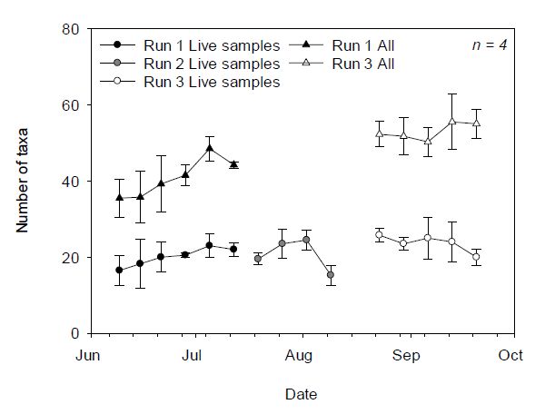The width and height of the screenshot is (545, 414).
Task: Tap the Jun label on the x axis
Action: pyautogui.click(x=87, y=356)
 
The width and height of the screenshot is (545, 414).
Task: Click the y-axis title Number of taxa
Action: pyautogui.click(x=24, y=182)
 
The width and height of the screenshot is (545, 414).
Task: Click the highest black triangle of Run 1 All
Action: pyautogui.click(x=210, y=148)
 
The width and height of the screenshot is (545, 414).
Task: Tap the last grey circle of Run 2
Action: pyautogui.click(x=330, y=275)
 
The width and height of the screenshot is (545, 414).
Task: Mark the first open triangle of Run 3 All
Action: pyautogui.click(x=379, y=133)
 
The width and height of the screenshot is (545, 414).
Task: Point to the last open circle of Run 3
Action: pyautogui.click(x=476, y=257)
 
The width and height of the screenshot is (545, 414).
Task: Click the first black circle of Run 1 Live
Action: pyautogui.click(x=119, y=271)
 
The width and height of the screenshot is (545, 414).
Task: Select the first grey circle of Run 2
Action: pyautogui.click(x=258, y=259)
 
